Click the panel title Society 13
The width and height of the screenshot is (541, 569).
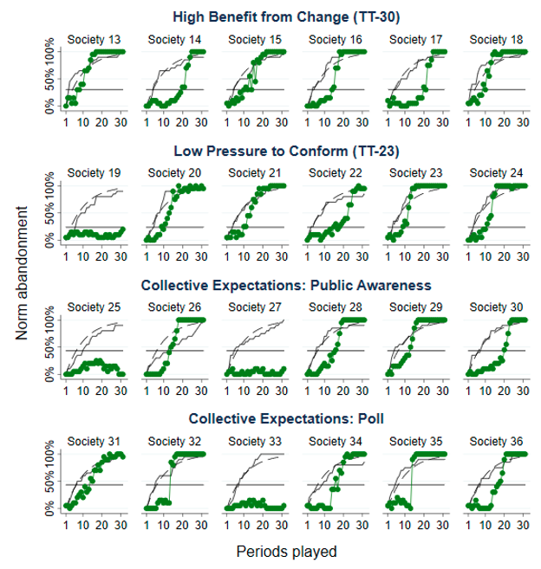point(94,40)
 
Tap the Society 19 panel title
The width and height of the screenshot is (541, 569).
point(94,172)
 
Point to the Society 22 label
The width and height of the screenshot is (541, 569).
point(335,172)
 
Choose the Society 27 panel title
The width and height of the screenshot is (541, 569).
point(254,307)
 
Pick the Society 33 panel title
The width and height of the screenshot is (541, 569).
point(254,442)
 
